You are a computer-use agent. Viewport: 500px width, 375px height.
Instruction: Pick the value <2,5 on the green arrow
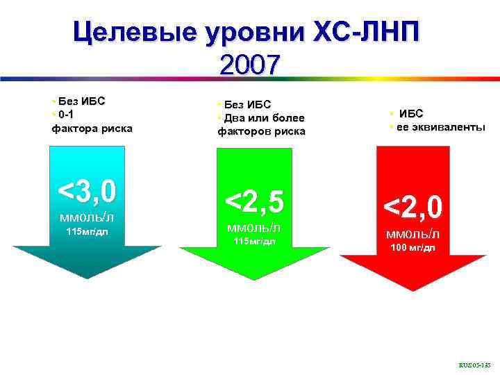[x=253, y=201]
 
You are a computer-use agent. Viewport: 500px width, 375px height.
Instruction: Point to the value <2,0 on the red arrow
[x=412, y=207]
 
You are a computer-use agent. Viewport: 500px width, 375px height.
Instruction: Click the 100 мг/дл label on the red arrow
[x=412, y=248]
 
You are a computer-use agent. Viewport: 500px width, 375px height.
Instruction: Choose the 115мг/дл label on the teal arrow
[x=87, y=231]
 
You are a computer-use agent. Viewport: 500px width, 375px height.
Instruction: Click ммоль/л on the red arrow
[x=412, y=234]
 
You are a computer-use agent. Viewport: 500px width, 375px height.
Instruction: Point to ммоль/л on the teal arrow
[x=87, y=217]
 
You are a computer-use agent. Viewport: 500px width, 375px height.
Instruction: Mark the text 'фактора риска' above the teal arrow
[x=92, y=128]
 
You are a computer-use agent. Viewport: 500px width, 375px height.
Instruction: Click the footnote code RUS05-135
[x=474, y=364]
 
